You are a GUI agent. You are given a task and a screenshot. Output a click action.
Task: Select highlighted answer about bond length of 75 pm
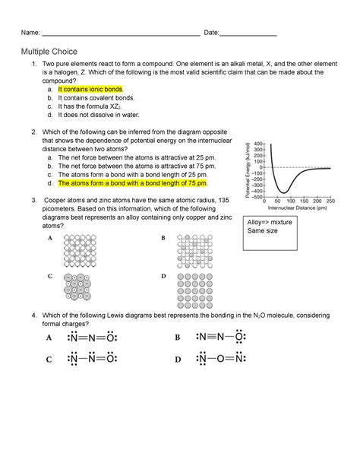pos(136,183)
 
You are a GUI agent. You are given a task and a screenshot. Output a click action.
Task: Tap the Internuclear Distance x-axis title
pos(292,208)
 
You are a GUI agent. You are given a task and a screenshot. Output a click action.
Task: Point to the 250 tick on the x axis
pos(330,201)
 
